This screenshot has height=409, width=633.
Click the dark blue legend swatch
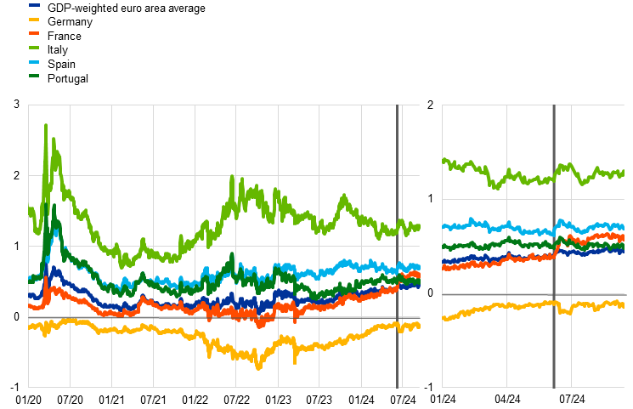pos(34,5)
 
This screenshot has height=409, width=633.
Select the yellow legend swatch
pos(34,20)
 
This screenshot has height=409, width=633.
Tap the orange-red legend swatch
pos(34,33)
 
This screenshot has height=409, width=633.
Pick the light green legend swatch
pos(34,48)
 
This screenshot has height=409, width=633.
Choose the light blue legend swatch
pos(34,62)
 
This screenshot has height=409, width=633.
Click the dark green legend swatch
pos(34,76)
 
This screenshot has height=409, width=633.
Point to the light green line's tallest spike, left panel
pos(46,126)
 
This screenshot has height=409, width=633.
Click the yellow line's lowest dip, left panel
pos(258,366)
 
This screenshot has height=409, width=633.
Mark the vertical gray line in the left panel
pos(397,247)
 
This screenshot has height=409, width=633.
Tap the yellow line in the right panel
pos(510,305)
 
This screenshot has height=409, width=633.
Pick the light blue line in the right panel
pos(510,227)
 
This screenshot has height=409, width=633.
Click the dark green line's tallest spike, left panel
pos(54,206)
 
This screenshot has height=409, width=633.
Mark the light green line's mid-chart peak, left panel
pos(232,178)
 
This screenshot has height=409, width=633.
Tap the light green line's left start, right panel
pos(444,159)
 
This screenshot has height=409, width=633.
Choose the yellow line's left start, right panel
pos(444,319)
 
